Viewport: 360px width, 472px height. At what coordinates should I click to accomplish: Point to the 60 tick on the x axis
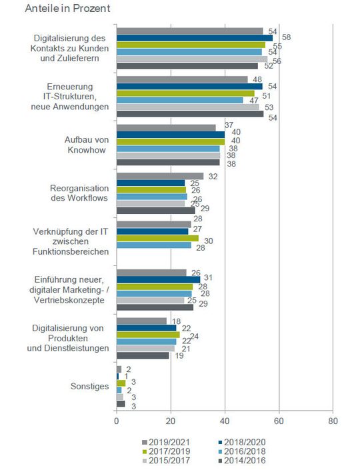(279, 421)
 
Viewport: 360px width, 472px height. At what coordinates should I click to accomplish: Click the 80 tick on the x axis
(333, 421)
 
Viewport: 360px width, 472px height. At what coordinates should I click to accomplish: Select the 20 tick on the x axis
(171, 421)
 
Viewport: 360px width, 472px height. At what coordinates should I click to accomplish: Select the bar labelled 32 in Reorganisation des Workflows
(160, 176)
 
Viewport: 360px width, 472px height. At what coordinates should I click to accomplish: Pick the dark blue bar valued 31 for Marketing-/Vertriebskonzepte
(158, 279)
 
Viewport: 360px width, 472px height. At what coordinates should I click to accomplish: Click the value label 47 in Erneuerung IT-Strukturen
(254, 100)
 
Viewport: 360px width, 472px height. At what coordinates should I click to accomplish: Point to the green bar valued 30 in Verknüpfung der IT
(157, 238)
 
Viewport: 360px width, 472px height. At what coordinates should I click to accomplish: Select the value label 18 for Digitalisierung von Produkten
(177, 321)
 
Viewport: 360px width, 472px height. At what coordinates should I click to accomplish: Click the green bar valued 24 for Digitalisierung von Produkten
(148, 335)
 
